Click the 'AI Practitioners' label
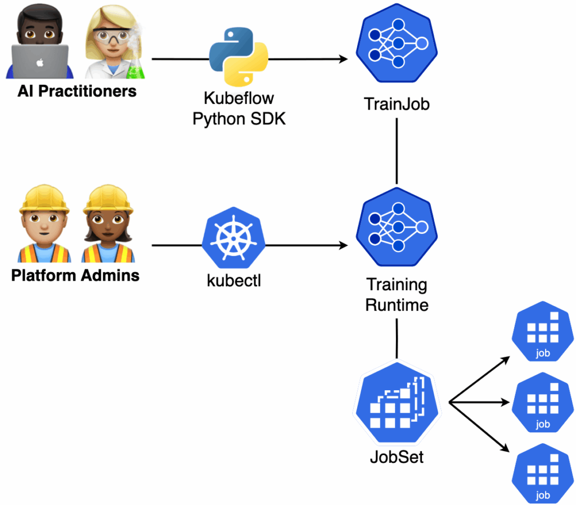[77, 91]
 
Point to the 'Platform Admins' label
[75, 276]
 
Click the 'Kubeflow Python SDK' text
[239, 109]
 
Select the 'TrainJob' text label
[397, 104]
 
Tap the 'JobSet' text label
[397, 457]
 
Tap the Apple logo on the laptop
[39, 62]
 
